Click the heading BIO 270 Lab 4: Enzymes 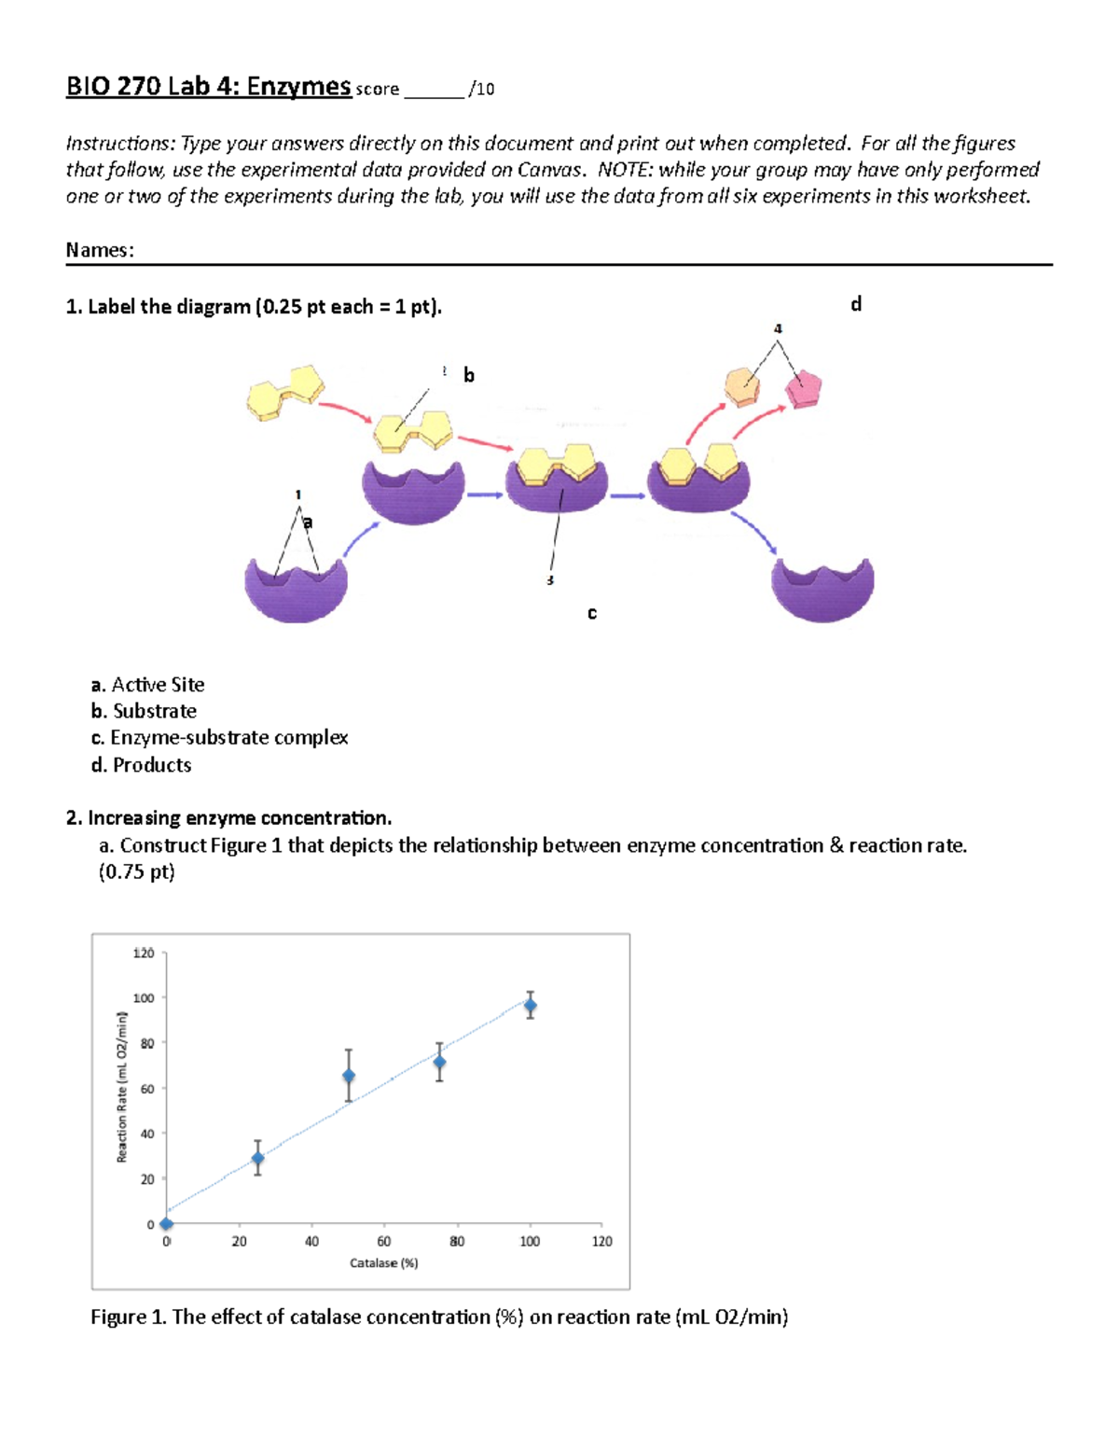tap(207, 87)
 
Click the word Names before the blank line tap(99, 250)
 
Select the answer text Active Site tap(158, 685)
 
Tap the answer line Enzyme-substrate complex tap(228, 738)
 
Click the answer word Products tap(152, 765)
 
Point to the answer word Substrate tap(155, 711)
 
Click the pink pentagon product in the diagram tap(802, 388)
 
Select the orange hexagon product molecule tap(742, 385)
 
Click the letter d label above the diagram tap(856, 304)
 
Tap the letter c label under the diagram tap(592, 613)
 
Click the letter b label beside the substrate tap(469, 375)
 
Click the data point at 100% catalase tap(531, 1006)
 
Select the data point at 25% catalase tap(258, 1159)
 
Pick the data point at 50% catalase tap(349, 1076)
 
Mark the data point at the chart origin tap(167, 1224)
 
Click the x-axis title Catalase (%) tap(384, 1263)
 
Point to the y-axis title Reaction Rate tap(121, 1087)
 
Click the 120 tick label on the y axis tap(143, 954)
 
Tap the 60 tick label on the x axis tap(384, 1242)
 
